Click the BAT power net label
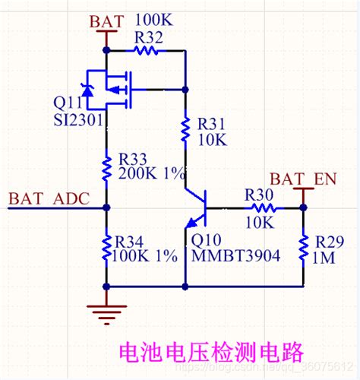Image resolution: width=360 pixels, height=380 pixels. click(x=105, y=21)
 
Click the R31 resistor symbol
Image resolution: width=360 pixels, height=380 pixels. click(x=185, y=130)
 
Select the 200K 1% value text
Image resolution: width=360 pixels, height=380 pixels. click(x=152, y=173)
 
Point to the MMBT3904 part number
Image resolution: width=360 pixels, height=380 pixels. click(x=235, y=256)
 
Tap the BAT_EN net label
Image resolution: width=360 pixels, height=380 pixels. click(x=303, y=179)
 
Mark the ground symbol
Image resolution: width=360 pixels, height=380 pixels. click(x=106, y=309)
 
